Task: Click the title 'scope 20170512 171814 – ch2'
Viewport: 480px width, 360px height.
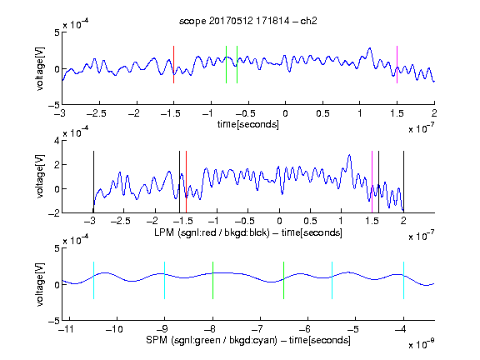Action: [x=248, y=21]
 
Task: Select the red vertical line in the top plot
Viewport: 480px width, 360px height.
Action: [x=173, y=65]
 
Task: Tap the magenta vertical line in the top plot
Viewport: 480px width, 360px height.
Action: [x=397, y=65]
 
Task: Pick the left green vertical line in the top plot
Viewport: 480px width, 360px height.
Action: [x=226, y=65]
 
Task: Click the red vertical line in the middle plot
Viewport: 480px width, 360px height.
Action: [x=186, y=182]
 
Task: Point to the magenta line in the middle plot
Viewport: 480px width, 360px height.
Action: [x=372, y=182]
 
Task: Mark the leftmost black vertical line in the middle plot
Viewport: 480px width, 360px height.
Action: [x=93, y=182]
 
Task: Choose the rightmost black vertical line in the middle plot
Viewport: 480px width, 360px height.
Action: [x=403, y=182]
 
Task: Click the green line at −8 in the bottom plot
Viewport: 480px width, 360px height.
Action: [x=212, y=280]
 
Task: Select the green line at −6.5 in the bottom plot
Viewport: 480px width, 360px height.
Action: [x=284, y=280]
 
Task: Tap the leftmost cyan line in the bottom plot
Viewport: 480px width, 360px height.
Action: [x=93, y=280]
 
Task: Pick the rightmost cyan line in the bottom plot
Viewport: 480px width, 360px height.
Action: [x=403, y=280]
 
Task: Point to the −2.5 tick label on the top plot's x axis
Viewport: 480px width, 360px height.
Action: [x=96, y=113]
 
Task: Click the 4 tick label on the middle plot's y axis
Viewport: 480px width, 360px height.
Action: [x=57, y=141]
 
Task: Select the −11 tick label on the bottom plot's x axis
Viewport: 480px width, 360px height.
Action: [x=66, y=329]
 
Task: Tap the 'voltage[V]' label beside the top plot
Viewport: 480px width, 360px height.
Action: [x=40, y=69]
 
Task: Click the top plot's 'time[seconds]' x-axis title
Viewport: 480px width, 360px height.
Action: [x=248, y=124]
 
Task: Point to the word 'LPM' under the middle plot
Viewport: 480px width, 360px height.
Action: [x=164, y=232]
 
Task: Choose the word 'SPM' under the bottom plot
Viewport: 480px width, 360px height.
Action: [x=157, y=340]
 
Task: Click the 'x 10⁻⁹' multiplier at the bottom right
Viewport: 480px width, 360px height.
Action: [x=421, y=344]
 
